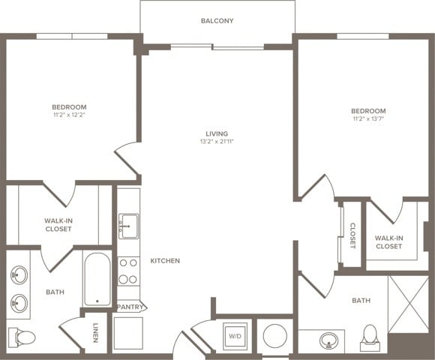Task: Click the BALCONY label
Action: [x=217, y=21]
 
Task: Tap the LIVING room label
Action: [x=217, y=134]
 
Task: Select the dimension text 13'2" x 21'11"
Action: [x=217, y=142]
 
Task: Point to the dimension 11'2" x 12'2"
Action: [x=69, y=115]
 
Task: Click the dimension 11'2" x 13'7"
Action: [x=369, y=118]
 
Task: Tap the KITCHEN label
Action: [x=165, y=261]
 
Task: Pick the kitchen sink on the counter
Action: [x=128, y=225]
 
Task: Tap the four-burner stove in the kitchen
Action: [x=128, y=271]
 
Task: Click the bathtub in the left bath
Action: [x=97, y=279]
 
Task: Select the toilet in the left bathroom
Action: [x=21, y=337]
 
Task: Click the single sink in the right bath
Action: [x=328, y=341]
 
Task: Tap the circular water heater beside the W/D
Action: [x=274, y=335]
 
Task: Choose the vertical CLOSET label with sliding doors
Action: [x=352, y=235]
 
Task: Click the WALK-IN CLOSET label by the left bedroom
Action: [x=58, y=225]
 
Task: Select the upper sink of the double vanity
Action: [x=19, y=275]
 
